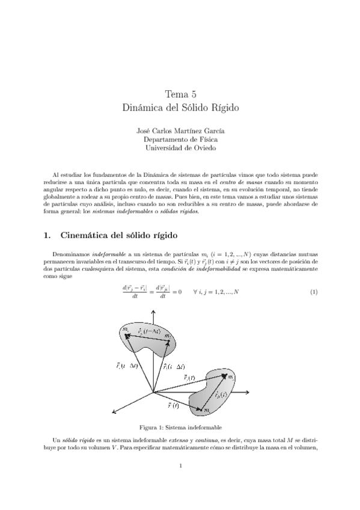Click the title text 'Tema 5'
click(x=180, y=94)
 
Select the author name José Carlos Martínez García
click(x=180, y=131)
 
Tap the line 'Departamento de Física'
click(x=180, y=139)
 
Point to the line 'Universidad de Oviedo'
click(x=180, y=147)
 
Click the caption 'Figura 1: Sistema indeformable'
click(x=180, y=428)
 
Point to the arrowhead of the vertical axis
click(x=154, y=313)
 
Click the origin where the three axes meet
click(x=154, y=392)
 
